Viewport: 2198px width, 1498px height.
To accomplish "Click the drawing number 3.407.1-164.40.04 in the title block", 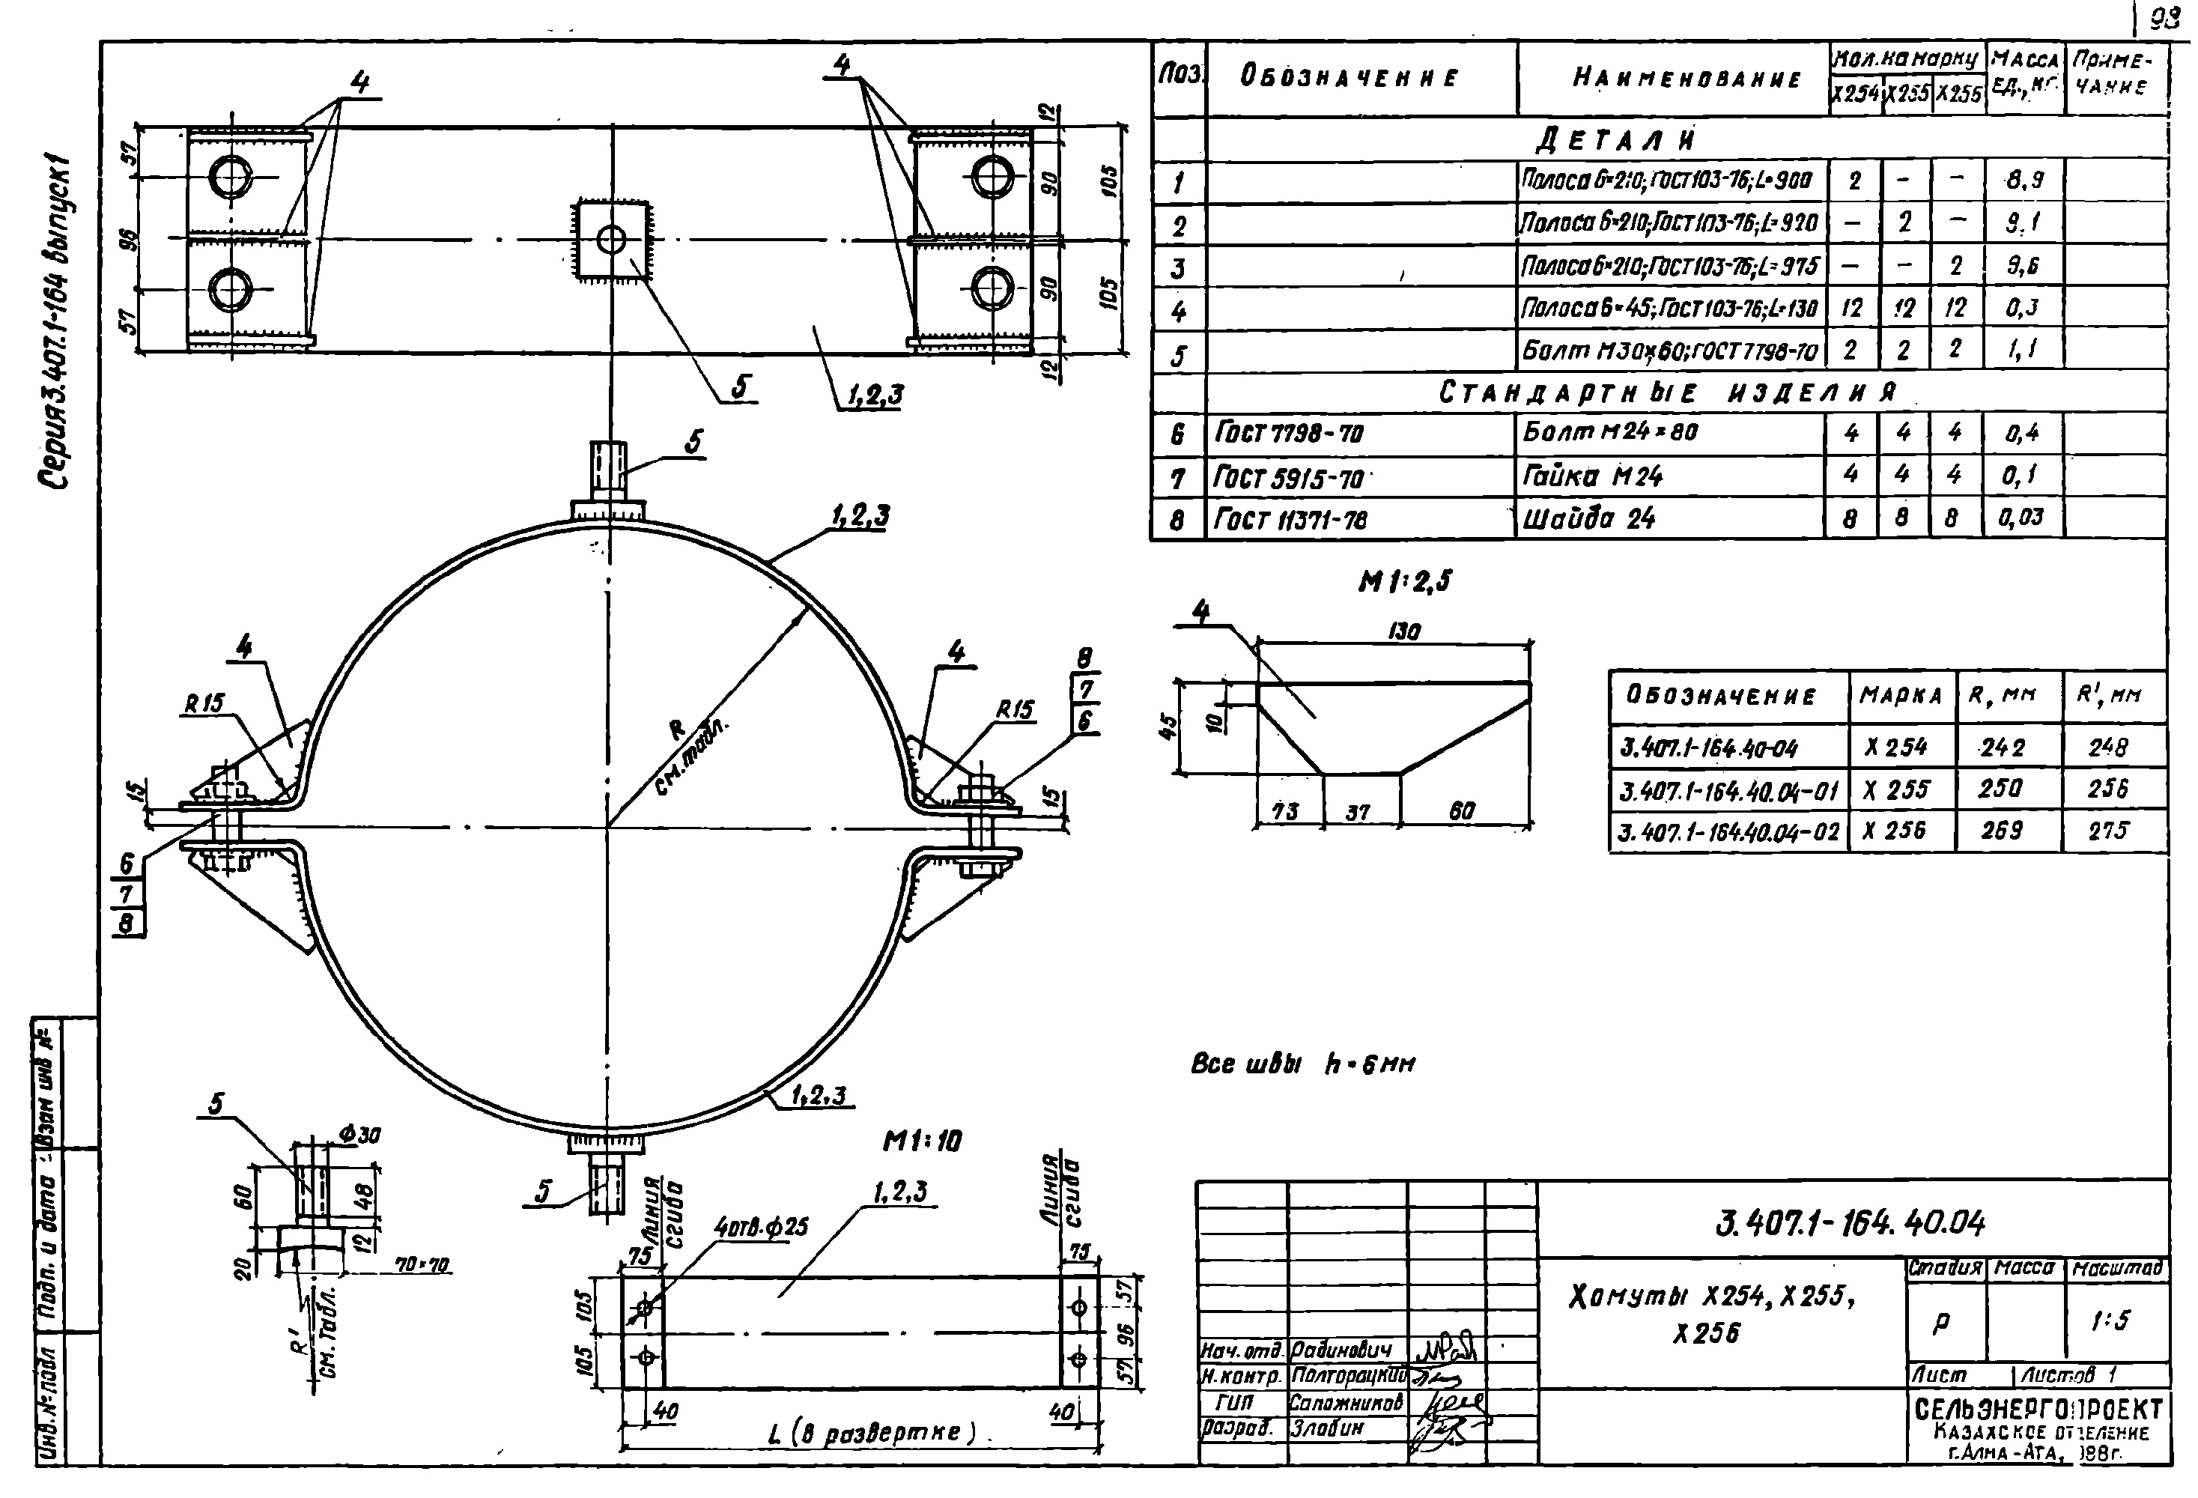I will [1848, 1223].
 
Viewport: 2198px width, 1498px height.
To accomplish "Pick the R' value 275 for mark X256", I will [2107, 831].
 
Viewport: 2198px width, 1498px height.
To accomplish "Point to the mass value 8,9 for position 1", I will [2024, 180].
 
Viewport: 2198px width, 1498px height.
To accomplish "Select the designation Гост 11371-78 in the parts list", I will [1290, 520].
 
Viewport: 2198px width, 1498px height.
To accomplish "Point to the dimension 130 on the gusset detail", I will [1403, 631].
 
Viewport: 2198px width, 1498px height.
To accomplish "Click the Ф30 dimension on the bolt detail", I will [359, 1134].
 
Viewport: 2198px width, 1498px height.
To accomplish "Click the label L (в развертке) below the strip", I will [871, 1433].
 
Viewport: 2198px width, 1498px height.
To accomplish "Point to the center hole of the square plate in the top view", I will [611, 239].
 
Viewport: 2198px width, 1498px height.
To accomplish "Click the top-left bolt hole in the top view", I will [231, 178].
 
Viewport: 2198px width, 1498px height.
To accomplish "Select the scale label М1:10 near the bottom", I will [921, 1141].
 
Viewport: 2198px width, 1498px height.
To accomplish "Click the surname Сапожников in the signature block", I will [1346, 1404].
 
